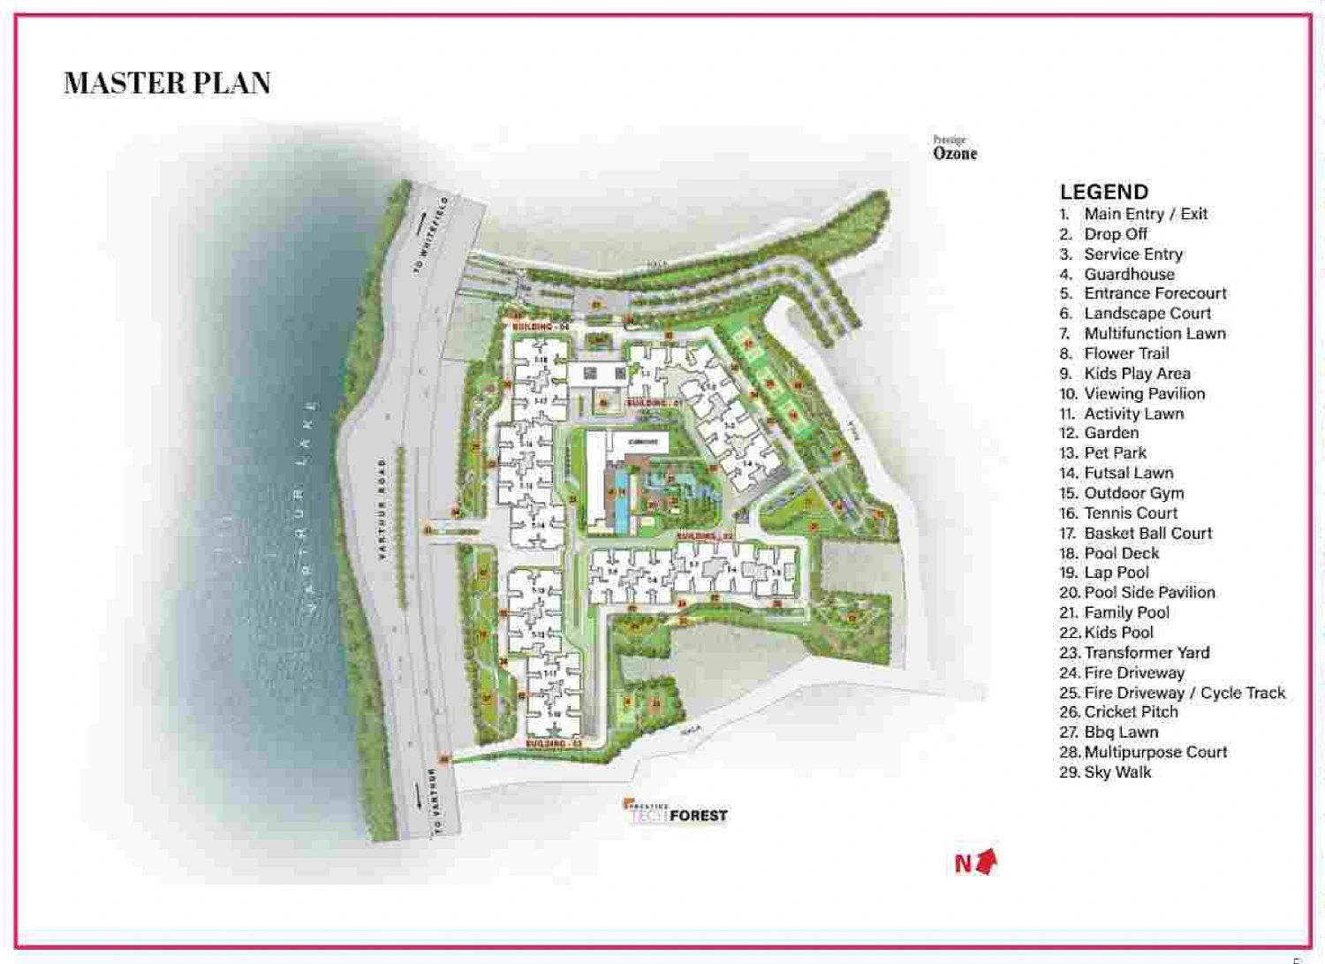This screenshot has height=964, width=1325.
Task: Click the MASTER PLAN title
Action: click(x=167, y=83)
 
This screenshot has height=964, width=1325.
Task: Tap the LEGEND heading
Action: click(x=1103, y=192)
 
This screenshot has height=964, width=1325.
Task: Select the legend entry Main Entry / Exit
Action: click(x=1145, y=214)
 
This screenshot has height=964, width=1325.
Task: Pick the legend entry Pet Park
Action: click(x=1115, y=453)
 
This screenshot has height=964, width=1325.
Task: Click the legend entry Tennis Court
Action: click(x=1130, y=513)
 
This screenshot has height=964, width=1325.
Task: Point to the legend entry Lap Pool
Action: click(x=1116, y=573)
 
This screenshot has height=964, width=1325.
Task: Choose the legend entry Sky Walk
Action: click(x=1117, y=772)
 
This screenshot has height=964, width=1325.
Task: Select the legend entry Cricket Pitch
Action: click(x=1130, y=712)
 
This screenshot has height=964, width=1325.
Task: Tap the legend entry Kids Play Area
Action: click(x=1136, y=374)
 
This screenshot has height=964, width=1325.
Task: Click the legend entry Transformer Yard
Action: click(x=1146, y=653)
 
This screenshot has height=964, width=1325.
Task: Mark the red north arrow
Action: click(x=987, y=860)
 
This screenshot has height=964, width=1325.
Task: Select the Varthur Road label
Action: click(x=382, y=508)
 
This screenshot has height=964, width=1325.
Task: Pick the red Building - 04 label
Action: click(x=540, y=327)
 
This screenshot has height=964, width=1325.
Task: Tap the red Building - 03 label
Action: click(x=554, y=744)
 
